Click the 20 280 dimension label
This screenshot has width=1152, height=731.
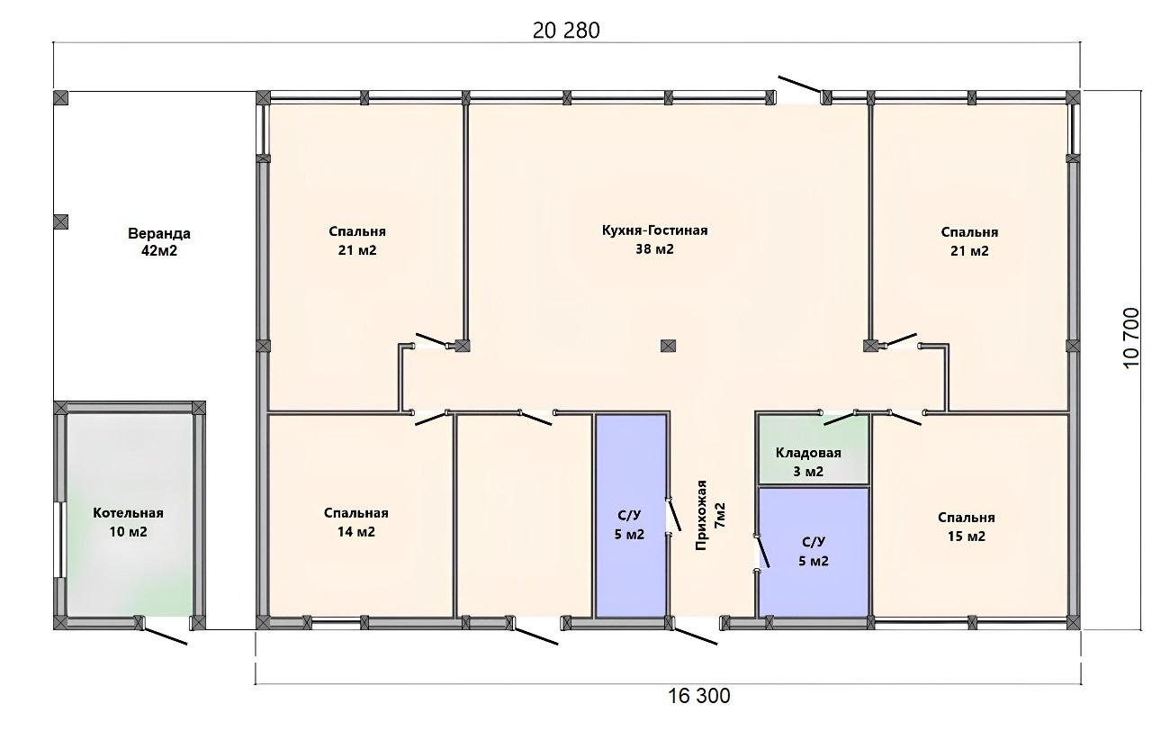566,31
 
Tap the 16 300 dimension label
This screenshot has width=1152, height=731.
699,696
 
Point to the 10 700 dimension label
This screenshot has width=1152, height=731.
1131,338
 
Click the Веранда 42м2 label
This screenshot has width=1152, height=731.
159,242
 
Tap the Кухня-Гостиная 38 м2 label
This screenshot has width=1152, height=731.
654,239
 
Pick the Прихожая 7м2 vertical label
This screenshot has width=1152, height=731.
710,515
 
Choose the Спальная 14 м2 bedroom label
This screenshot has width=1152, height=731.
355,522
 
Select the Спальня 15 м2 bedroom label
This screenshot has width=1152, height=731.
967,527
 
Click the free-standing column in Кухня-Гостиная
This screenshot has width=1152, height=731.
668,346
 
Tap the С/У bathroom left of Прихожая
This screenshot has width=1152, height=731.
631,516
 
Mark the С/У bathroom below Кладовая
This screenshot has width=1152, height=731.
814,552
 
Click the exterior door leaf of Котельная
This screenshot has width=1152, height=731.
165,636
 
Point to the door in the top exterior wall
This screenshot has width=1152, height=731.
800,85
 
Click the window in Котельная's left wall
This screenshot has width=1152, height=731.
59,539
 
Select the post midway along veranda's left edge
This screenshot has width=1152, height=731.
60,221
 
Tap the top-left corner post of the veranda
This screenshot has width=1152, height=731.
60,98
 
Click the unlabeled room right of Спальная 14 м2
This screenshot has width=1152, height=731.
524,516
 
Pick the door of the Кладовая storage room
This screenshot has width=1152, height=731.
840,419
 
